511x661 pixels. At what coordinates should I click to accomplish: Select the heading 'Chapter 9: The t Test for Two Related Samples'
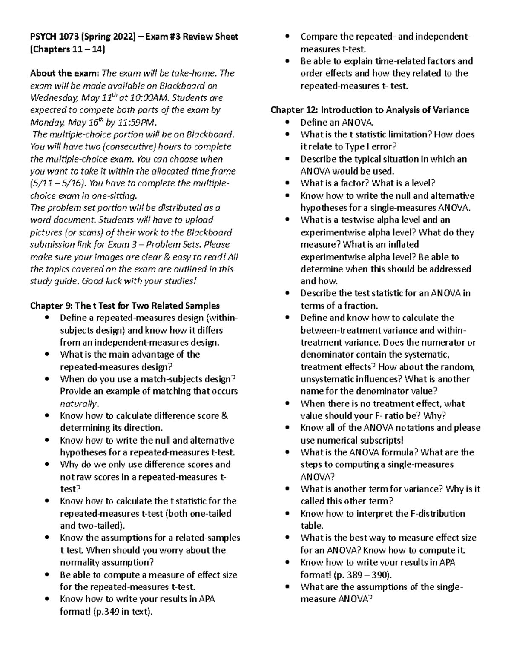coord(125,306)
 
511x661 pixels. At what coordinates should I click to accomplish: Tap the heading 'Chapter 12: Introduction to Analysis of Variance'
coord(370,110)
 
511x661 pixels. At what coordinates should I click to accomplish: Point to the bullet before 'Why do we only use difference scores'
coord(49,465)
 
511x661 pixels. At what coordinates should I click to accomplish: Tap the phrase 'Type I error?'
coord(370,147)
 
